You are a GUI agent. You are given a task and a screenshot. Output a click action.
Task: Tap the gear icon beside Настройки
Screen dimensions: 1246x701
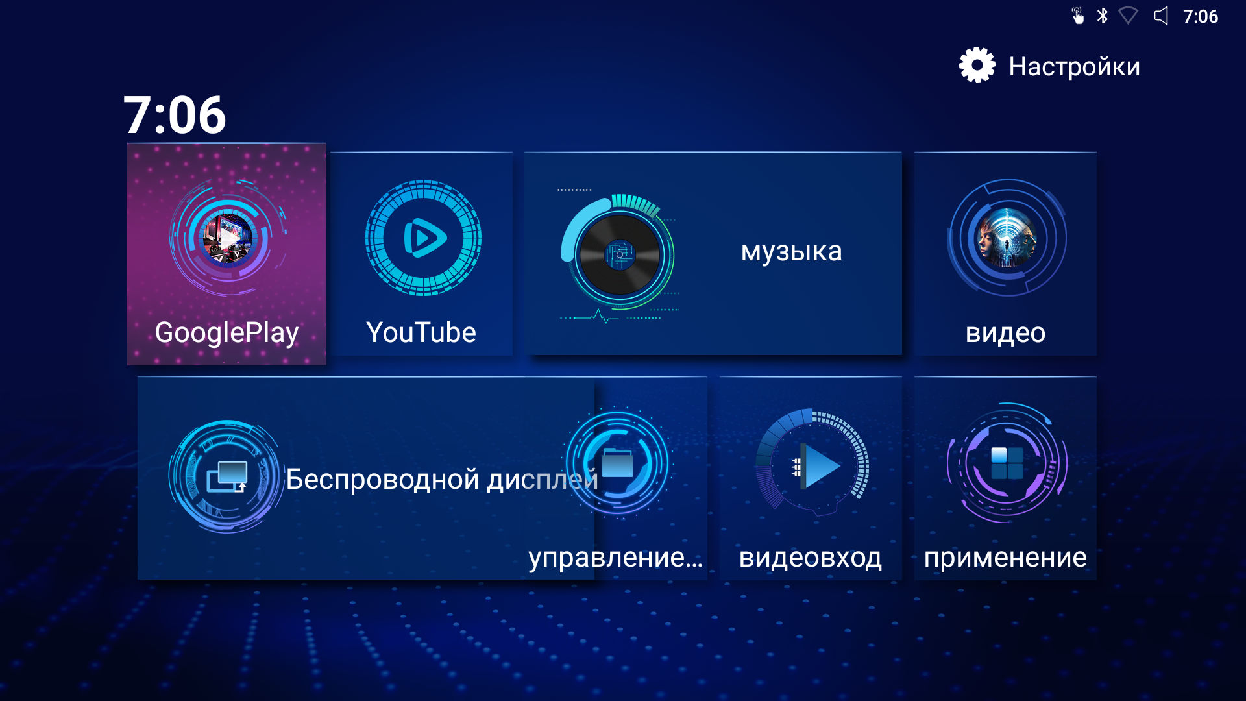(977, 66)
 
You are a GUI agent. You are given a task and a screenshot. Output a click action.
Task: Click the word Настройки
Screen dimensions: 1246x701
(1074, 66)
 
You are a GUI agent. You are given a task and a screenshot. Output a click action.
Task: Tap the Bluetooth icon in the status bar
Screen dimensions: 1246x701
(1102, 16)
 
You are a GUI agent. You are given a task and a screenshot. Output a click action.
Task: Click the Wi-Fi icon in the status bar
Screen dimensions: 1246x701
(1129, 16)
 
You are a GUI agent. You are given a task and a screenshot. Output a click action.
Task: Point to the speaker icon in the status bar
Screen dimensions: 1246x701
(1161, 16)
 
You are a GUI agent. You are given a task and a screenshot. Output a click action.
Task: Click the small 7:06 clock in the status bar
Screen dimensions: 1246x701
(1201, 16)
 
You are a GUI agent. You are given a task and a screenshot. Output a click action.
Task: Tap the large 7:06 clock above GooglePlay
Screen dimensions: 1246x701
(175, 115)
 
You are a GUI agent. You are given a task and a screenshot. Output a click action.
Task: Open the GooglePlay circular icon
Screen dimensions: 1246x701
(228, 237)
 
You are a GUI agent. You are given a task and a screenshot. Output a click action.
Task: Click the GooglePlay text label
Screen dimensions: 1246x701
(226, 333)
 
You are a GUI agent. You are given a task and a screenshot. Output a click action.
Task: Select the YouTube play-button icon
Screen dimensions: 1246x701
(423, 238)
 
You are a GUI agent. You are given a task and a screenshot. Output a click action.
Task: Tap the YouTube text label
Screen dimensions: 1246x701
(421, 332)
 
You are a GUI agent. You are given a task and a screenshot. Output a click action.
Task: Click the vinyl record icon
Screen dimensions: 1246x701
(619, 254)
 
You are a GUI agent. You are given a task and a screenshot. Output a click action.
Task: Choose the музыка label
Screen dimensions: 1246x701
(792, 252)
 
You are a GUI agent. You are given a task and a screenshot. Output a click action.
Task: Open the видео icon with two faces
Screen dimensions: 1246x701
(1007, 238)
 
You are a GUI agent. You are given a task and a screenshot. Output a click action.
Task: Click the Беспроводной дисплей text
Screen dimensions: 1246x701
(442, 480)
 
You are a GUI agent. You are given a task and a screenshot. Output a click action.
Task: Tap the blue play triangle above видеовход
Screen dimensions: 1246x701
(820, 466)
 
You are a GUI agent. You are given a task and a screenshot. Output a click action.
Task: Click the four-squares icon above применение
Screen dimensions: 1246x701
(1007, 463)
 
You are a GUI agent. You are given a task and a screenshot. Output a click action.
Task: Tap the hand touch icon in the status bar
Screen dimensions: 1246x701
(1077, 16)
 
